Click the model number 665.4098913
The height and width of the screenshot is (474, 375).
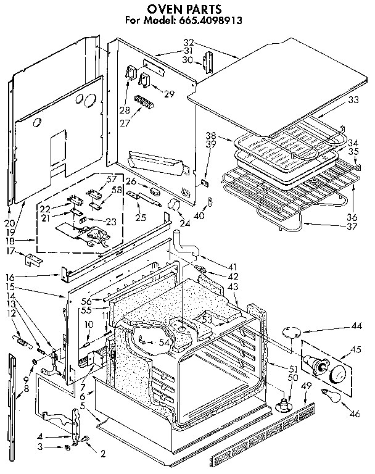point(215,20)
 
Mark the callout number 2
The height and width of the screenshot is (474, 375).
point(103,454)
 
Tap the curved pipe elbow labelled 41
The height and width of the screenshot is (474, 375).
point(184,243)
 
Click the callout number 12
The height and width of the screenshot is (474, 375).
point(11,314)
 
